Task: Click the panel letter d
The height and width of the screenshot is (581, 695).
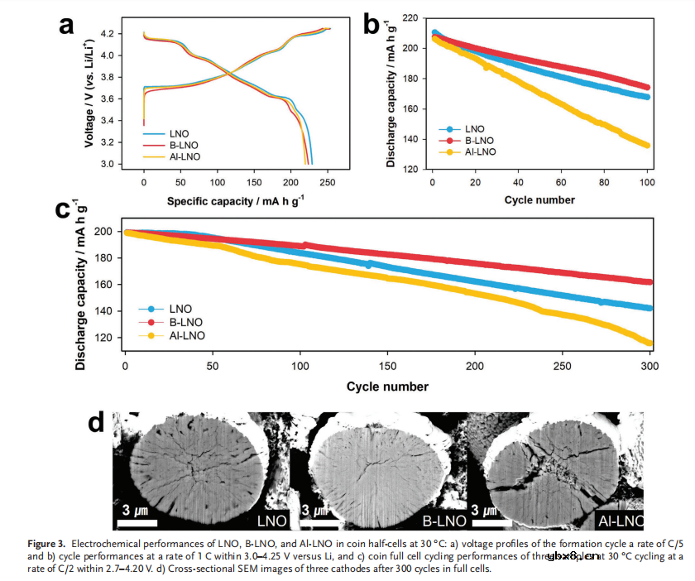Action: click(96, 422)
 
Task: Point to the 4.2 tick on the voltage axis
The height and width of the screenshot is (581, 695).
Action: click(127, 35)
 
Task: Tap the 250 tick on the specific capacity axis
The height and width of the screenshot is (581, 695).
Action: click(328, 181)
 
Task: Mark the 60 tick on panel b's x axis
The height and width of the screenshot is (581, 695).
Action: click(561, 181)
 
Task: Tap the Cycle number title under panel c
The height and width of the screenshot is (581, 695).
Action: click(387, 386)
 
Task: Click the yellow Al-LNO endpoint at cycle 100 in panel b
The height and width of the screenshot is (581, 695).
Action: click(647, 145)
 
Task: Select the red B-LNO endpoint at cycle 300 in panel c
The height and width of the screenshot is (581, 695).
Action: click(649, 281)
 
